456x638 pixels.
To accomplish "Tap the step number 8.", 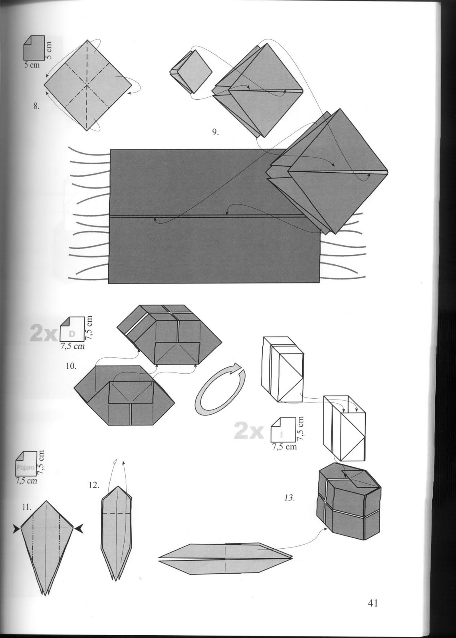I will click(36, 106).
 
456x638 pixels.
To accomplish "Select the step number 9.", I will click(215, 132).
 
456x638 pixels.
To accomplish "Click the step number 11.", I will click(27, 507).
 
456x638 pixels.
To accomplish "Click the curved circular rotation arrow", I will click(219, 389).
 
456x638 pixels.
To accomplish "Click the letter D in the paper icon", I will click(72, 333).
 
